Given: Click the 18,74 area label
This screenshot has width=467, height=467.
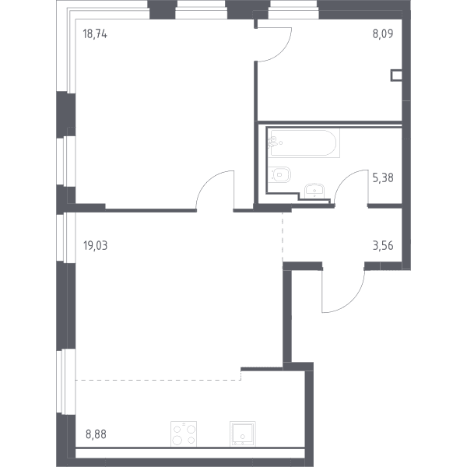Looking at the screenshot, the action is (95, 34).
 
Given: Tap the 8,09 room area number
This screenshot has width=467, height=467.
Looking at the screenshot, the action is (383, 33).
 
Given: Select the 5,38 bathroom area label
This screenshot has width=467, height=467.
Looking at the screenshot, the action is (383, 177).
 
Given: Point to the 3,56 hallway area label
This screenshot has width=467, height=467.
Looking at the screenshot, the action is (383, 246).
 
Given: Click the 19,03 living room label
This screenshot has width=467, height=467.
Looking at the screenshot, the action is (95, 246).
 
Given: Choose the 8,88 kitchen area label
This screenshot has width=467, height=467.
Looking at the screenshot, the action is (96, 434).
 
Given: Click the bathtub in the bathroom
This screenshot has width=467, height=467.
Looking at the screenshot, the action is (304, 143).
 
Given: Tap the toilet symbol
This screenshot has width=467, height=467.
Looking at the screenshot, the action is (279, 174).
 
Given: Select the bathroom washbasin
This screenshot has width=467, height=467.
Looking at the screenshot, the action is (314, 191).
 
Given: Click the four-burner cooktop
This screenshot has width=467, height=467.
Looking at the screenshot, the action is (184, 434).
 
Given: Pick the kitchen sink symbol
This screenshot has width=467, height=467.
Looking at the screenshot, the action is (243, 434).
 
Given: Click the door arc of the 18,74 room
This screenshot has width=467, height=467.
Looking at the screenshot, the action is (206, 181).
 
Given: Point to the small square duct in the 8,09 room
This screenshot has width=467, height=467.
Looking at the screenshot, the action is (396, 75).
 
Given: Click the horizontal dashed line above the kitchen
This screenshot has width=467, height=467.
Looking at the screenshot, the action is (158, 381).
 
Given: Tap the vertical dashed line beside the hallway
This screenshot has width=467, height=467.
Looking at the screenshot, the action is (283, 237).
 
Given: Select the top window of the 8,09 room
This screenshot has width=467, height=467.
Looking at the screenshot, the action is (293, 9).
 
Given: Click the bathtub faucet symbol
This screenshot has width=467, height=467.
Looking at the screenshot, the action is (273, 142).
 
